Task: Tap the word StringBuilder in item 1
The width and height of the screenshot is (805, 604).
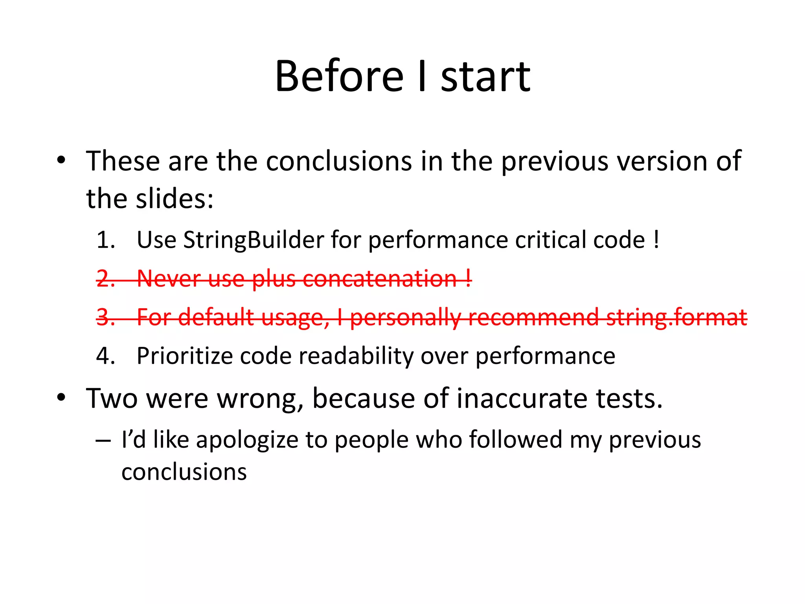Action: [x=254, y=240]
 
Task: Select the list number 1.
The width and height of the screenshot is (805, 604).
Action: [x=105, y=240]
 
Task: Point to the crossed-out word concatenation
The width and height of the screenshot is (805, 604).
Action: [x=379, y=278]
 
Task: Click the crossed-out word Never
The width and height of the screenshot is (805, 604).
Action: [x=169, y=278]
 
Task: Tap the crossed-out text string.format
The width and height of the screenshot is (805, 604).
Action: [x=676, y=317]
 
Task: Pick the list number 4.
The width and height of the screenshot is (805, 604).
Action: [x=105, y=356]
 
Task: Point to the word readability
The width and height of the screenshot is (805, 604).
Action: [x=356, y=356]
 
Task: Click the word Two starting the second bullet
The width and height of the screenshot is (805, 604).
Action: [x=111, y=398]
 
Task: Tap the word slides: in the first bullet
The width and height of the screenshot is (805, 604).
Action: [x=175, y=199]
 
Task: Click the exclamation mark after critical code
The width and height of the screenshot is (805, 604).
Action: [x=656, y=240]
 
